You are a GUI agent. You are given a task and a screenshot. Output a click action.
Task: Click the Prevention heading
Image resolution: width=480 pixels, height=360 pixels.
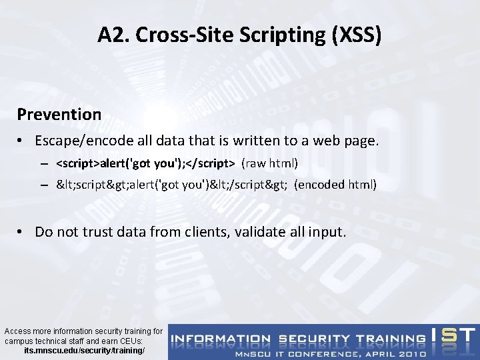[59, 114]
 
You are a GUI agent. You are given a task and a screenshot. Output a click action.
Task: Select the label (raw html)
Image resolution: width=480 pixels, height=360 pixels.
[269, 163]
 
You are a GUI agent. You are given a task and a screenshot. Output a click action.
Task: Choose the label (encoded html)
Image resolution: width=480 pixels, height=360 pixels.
[335, 185]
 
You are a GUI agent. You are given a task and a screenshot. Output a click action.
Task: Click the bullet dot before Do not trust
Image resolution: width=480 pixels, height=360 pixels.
[22, 232]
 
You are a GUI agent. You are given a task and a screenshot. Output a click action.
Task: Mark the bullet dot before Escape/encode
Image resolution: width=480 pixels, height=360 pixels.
[22, 141]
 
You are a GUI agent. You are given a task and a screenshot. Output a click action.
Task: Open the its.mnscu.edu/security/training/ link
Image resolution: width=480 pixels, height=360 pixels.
[84, 350]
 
